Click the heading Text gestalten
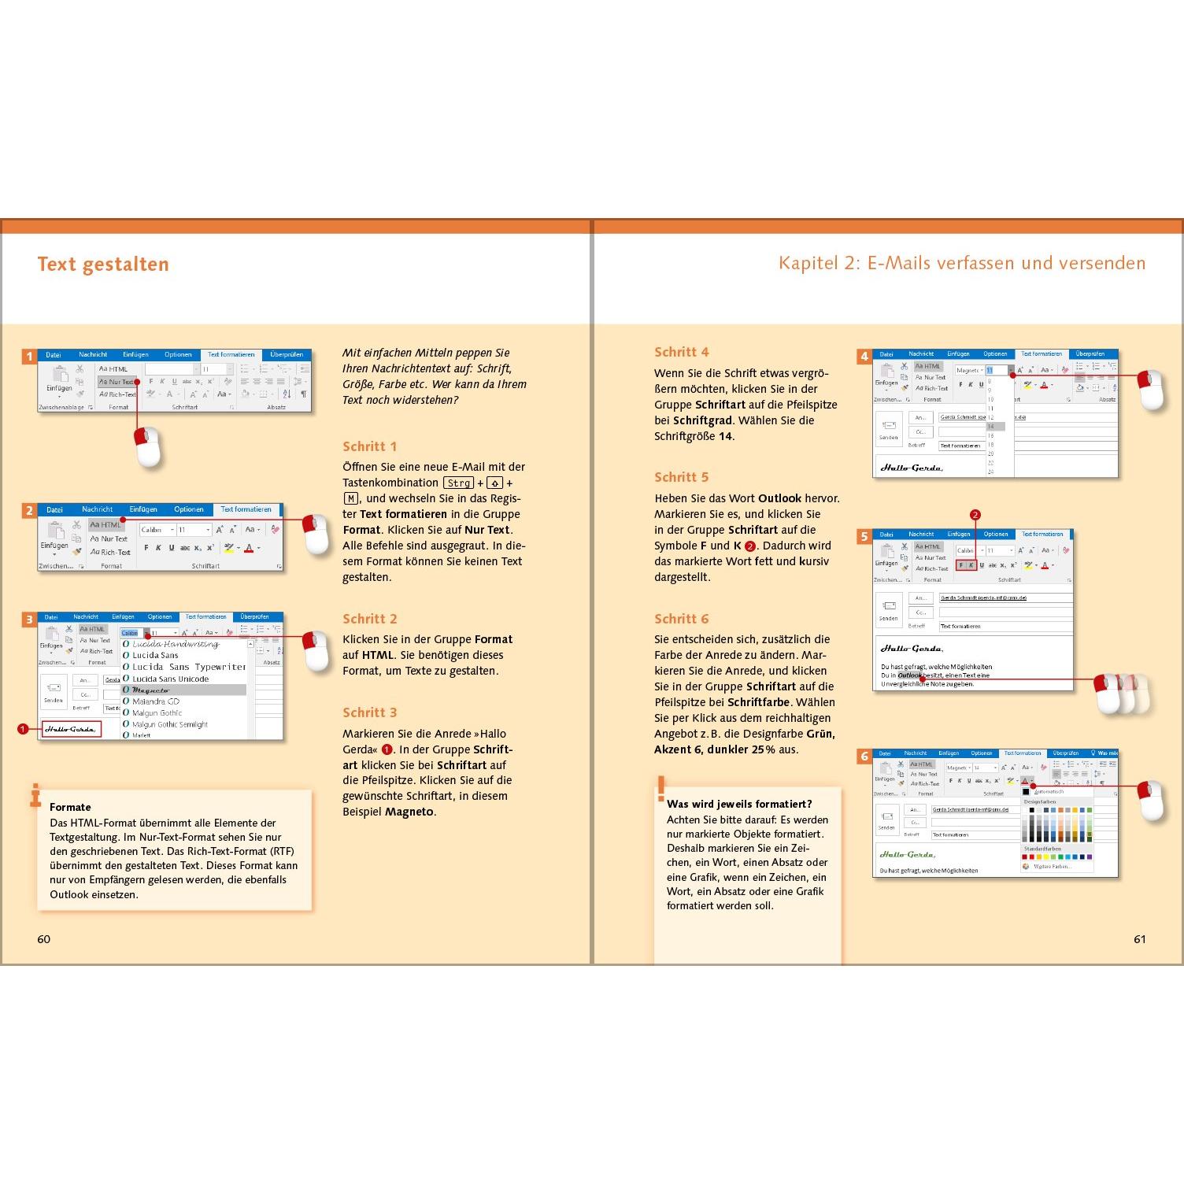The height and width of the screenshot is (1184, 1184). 103,265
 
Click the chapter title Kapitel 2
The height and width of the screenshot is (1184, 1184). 961,263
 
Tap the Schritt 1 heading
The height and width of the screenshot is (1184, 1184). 370,446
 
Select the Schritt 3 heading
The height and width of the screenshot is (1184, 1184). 370,712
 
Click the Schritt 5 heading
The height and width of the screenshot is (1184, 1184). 682,477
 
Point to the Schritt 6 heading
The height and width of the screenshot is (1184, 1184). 682,619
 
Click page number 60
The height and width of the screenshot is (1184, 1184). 44,939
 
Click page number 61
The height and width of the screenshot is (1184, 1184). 1139,939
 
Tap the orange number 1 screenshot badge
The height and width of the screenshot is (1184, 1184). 30,357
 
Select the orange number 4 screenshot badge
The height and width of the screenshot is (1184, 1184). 864,357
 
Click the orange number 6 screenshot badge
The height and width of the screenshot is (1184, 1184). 864,757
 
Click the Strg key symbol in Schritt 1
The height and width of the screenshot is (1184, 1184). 459,483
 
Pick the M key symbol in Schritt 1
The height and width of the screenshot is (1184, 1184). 351,498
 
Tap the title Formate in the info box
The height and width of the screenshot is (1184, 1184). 70,807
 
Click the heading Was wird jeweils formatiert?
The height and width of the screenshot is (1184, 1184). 739,804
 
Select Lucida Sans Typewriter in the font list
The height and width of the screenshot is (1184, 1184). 189,667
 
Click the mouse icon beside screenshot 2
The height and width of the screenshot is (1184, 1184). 316,534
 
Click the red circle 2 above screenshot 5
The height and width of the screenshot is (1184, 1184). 975,515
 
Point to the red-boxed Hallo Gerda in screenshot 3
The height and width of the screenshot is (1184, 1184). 71,729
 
